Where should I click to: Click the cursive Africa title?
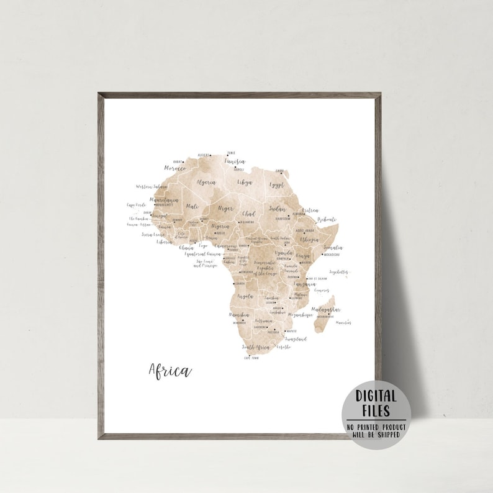tap(170, 371)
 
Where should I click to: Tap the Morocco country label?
tap(175, 168)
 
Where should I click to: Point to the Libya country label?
tap(245, 183)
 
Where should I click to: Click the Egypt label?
tap(276, 184)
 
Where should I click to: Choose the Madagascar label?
tap(325, 309)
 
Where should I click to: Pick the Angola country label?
tap(245, 297)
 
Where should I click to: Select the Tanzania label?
tap(305, 284)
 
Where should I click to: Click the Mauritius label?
tap(343, 322)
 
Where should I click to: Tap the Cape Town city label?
tap(250, 358)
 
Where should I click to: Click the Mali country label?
tap(192, 206)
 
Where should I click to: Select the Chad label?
tap(248, 214)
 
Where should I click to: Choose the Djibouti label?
tap(327, 219)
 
